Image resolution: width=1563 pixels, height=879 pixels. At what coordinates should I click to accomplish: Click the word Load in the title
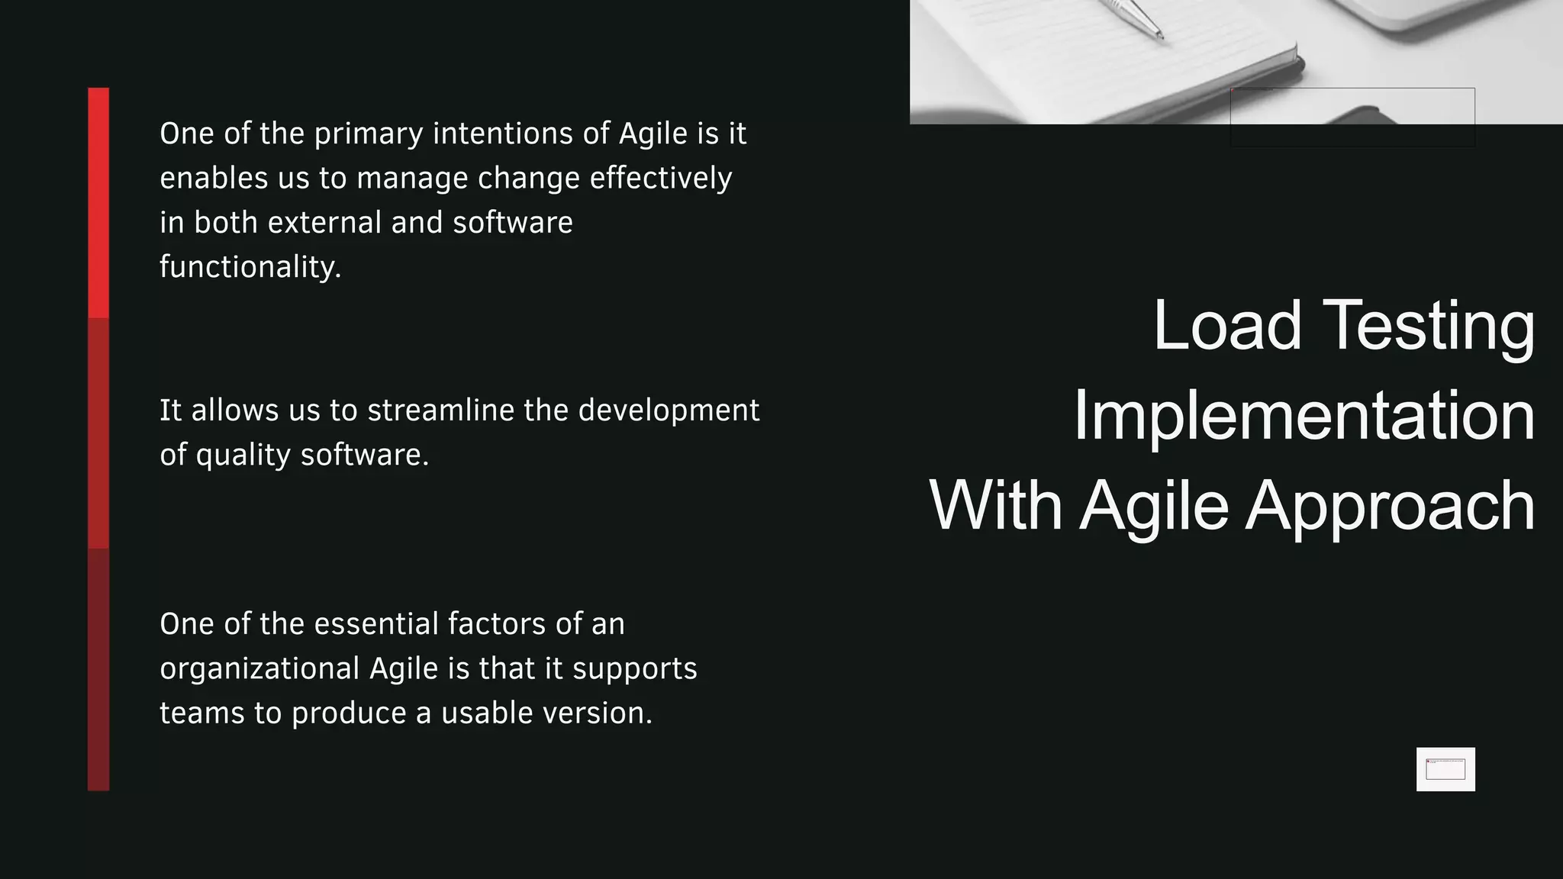[x=1226, y=326]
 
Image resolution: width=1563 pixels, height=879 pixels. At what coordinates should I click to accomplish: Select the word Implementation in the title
[x=1304, y=417]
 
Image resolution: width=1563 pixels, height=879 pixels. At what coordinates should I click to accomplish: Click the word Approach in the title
[x=1390, y=507]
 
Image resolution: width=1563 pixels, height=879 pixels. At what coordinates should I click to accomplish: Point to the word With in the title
[x=995, y=506]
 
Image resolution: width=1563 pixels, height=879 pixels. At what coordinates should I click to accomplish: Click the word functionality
[x=250, y=267]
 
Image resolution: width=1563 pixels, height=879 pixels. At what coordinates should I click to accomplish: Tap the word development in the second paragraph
[x=669, y=411]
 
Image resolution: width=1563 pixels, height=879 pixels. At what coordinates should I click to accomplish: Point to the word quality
[x=243, y=456]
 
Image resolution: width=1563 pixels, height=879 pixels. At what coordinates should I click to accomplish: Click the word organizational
[x=259, y=669]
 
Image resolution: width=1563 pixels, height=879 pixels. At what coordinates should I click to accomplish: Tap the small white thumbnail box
[x=1445, y=769]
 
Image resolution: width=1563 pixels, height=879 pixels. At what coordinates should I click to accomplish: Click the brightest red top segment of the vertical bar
[x=98, y=202]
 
